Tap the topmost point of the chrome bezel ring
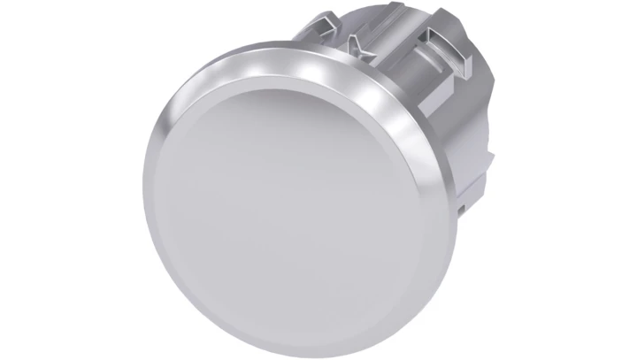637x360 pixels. coord(265,50)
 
